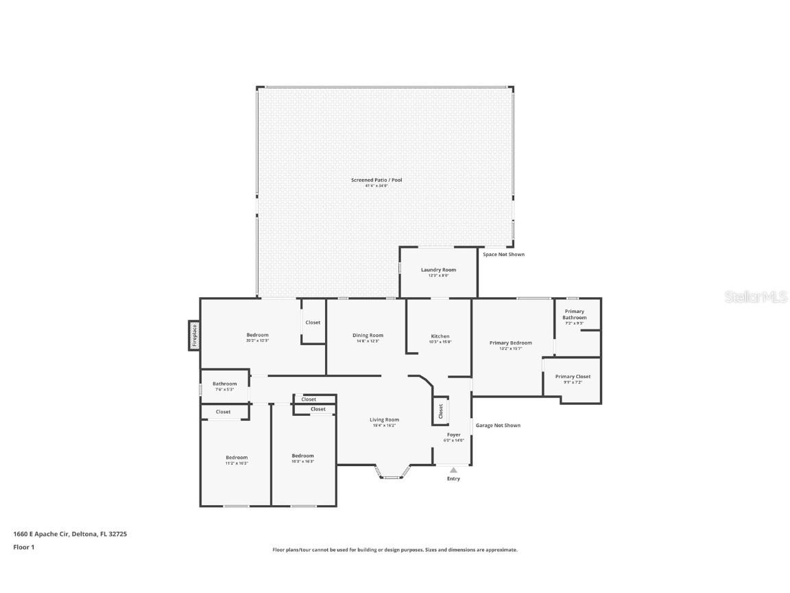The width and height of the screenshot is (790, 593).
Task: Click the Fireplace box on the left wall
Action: coord(194,335)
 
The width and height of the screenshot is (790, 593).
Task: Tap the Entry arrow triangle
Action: coord(453,470)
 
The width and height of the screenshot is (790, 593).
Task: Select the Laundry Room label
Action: coord(438,270)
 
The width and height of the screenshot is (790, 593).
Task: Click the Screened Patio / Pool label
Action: coord(376,180)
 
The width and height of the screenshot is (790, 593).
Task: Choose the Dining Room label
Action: coord(368,336)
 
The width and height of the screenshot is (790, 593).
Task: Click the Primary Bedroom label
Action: coord(510,342)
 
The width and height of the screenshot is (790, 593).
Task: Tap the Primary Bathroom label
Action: coord(575,314)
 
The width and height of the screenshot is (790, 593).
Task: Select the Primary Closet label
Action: coord(573,376)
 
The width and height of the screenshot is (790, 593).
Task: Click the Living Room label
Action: coord(384,419)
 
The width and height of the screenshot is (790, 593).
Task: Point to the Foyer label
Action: coord(454,434)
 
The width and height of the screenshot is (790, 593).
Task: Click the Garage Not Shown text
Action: coord(498,426)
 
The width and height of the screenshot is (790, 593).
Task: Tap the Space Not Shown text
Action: coord(503,255)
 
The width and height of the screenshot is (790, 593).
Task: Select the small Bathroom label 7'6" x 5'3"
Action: coord(224,384)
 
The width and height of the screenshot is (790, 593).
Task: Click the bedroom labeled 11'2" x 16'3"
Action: coord(237,457)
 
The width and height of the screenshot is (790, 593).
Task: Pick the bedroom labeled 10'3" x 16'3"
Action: coord(302,456)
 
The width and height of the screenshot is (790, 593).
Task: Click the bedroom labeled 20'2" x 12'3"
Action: coord(257,335)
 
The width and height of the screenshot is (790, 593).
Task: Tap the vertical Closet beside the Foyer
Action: coord(441,410)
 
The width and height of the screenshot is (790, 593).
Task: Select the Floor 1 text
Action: coord(23,547)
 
